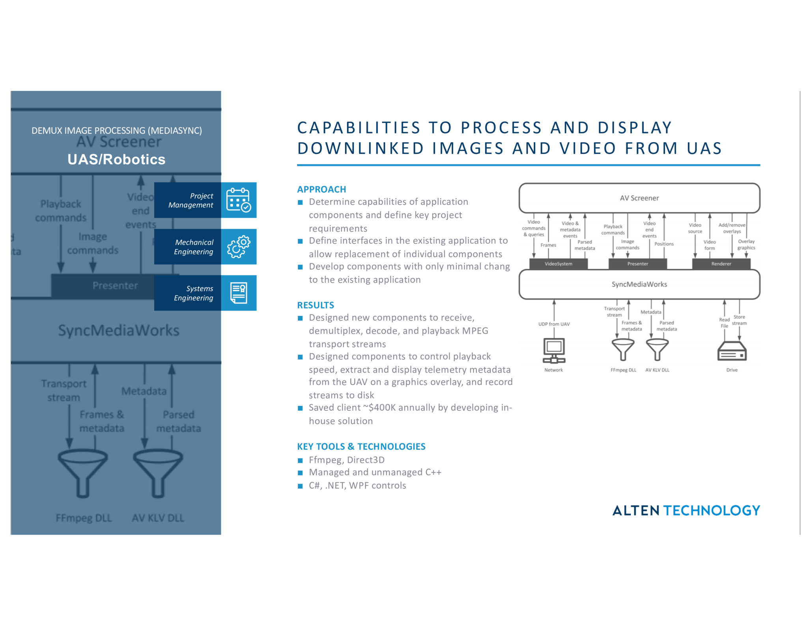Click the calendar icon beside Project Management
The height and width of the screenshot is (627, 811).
239,200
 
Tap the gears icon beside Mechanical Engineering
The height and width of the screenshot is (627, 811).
239,247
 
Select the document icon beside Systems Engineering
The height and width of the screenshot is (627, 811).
239,293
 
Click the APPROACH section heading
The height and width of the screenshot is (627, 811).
321,189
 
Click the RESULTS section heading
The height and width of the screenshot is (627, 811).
316,305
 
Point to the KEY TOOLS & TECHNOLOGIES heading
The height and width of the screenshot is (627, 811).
361,446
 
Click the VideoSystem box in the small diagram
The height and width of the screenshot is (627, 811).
558,264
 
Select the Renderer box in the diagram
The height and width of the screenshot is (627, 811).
721,264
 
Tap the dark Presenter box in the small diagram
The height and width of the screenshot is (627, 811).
637,264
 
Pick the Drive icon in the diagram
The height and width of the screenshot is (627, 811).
732,351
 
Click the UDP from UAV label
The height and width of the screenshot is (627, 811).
554,324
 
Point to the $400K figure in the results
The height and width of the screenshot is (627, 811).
382,408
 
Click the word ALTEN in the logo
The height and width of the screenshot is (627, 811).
635,511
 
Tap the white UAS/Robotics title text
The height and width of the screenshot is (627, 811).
116,159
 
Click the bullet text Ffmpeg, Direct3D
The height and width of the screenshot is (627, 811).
347,460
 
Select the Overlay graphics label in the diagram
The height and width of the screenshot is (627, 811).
746,245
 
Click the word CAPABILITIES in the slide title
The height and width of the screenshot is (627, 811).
359,128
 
